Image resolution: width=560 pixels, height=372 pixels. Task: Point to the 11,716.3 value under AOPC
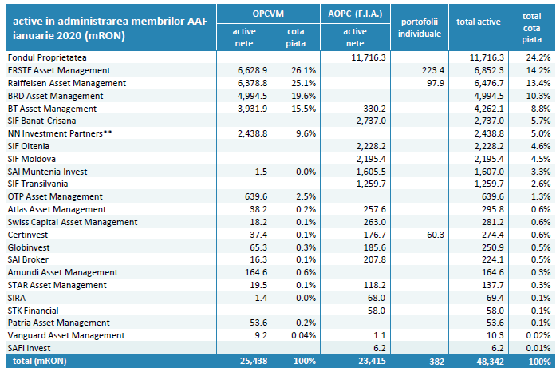(x=368, y=58)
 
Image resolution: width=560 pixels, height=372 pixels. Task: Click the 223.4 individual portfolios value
(x=432, y=71)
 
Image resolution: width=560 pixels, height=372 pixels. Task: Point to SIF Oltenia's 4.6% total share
(x=539, y=146)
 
